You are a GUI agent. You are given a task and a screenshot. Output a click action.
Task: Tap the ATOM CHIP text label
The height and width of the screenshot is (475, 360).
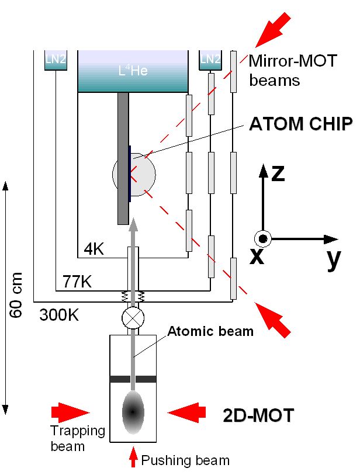[x=301, y=124]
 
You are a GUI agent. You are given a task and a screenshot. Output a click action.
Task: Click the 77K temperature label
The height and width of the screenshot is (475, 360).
[x=77, y=282]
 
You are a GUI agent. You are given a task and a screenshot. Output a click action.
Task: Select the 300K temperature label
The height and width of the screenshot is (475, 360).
[x=59, y=315]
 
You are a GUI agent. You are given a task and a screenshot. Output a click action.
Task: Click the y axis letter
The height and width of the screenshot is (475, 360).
[x=333, y=259]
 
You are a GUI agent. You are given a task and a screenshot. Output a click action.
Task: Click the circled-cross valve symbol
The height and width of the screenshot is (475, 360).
[x=133, y=319]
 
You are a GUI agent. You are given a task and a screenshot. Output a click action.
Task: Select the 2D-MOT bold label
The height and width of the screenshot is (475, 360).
[x=258, y=415]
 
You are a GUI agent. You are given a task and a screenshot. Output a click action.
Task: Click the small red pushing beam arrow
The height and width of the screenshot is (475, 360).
[x=133, y=456]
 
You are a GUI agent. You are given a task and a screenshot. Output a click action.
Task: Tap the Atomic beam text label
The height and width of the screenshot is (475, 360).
[x=210, y=331]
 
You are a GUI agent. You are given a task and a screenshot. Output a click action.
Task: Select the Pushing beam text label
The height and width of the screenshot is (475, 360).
[x=185, y=460]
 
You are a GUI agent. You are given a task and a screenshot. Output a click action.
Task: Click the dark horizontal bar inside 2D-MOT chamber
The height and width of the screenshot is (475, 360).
[x=133, y=379]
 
